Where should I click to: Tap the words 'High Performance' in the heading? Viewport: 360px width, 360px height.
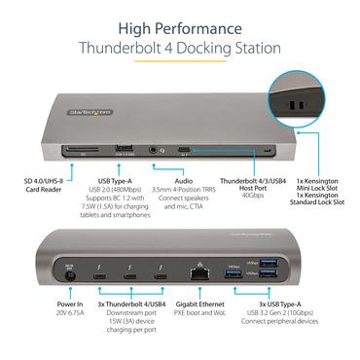(x=180, y=26)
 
